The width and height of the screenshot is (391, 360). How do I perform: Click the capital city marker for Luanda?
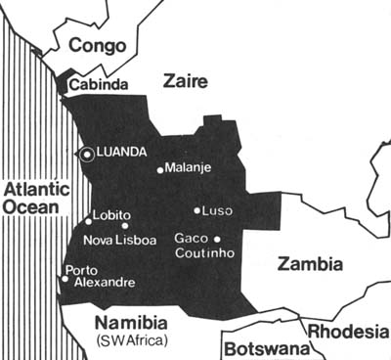[x=87, y=154]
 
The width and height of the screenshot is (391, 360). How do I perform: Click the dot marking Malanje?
[x=160, y=169]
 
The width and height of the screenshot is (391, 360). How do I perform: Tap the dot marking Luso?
[x=196, y=210]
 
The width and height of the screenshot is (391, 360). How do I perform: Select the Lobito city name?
[x=111, y=216]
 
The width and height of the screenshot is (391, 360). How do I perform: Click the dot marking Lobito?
[x=88, y=221]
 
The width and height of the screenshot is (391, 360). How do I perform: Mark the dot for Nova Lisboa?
[x=124, y=226]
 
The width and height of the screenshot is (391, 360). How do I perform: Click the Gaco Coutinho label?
[x=201, y=247]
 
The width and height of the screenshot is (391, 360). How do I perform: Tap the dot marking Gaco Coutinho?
[x=217, y=238]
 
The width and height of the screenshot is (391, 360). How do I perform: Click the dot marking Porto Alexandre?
[x=65, y=279]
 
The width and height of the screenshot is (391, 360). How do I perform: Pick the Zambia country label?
[x=310, y=263]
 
